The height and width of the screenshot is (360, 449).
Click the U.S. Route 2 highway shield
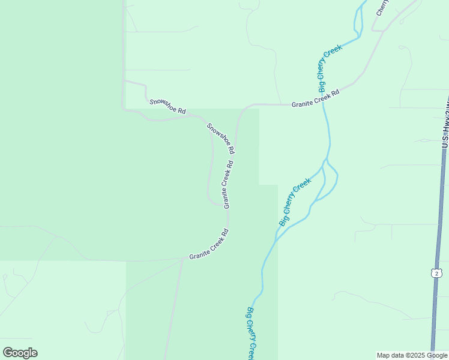coord(435,273)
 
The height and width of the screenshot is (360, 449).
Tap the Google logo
coord(20,352)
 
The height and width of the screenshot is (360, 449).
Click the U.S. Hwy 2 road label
coord(445,123)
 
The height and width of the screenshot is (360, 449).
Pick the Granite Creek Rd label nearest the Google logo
coord(209,245)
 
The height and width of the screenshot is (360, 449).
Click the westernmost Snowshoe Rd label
coord(167,106)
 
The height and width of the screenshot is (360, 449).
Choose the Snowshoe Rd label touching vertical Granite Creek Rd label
coord(220,138)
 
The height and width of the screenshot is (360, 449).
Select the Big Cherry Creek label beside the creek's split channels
coord(295,202)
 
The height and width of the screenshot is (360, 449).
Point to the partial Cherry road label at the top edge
coord(382,8)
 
